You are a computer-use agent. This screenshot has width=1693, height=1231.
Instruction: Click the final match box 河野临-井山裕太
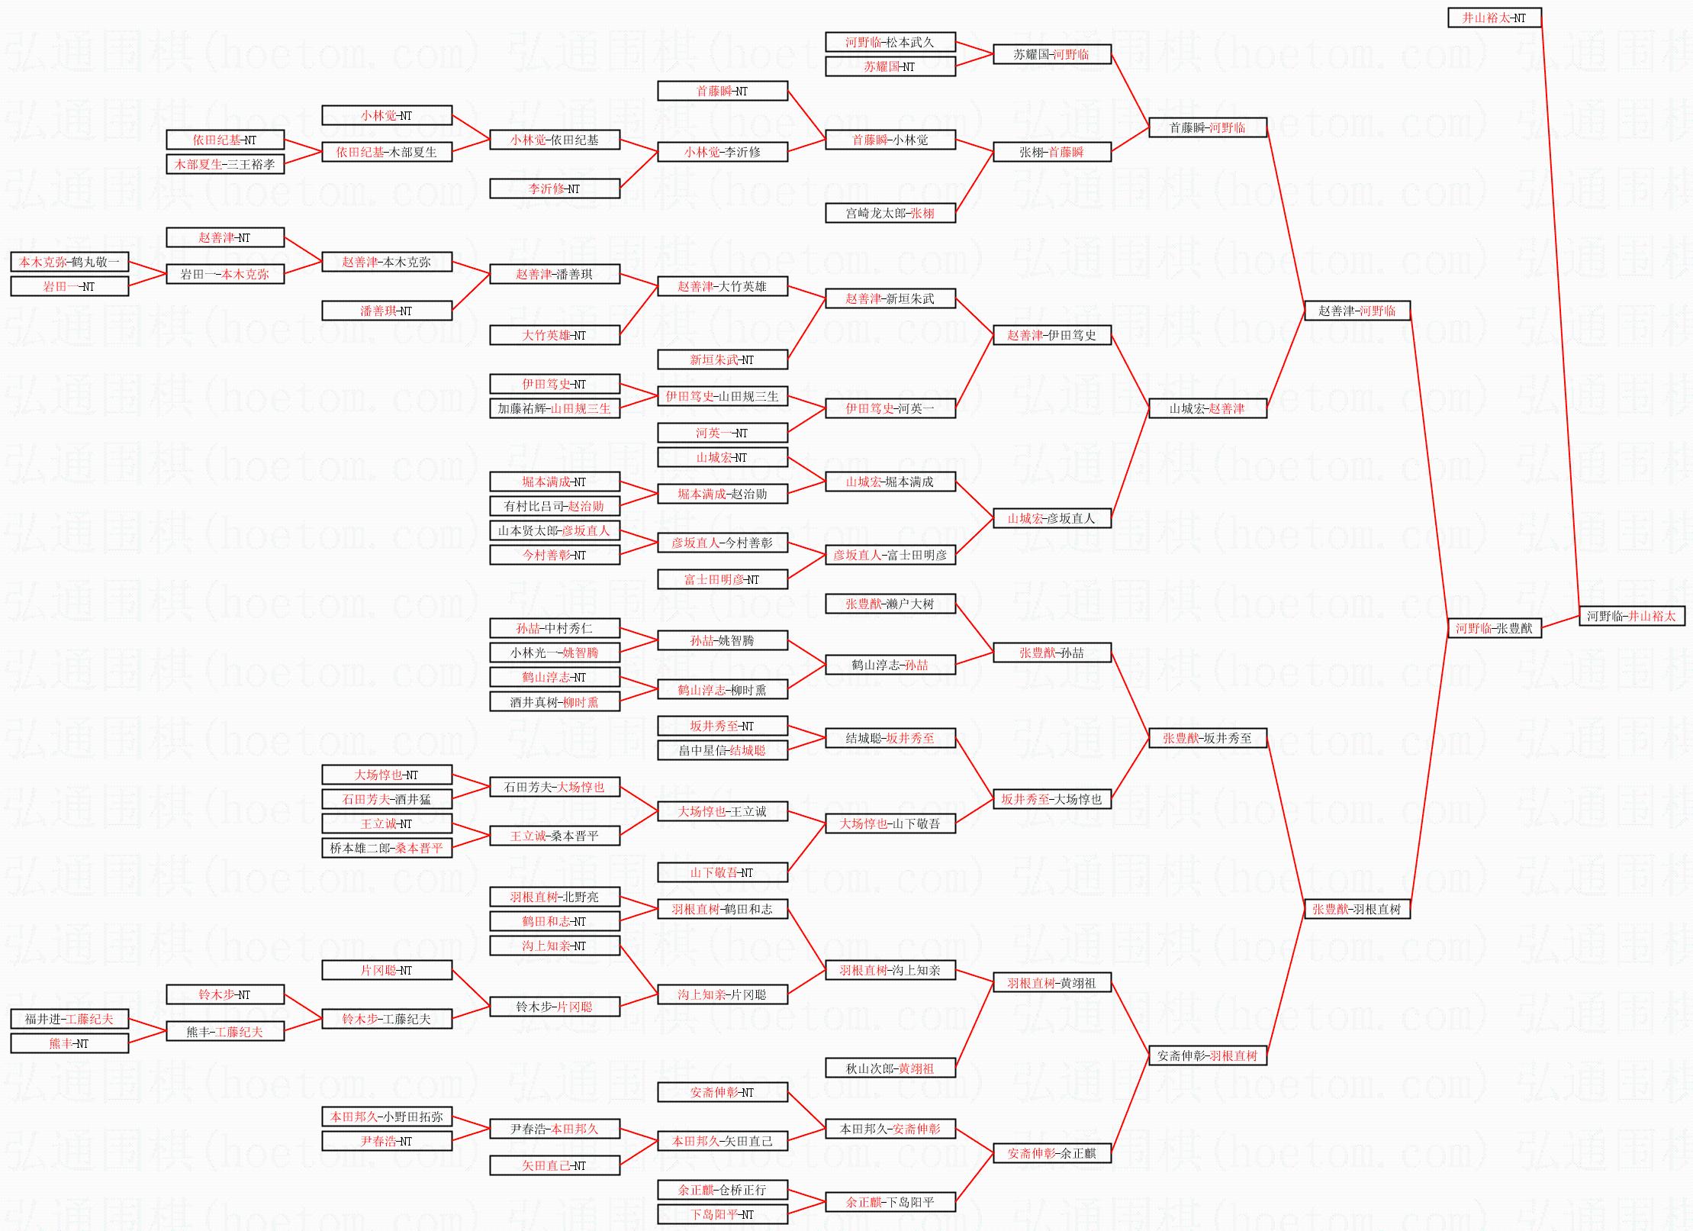[x=1632, y=616]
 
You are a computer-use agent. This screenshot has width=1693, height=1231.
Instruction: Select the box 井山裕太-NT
[x=1495, y=18]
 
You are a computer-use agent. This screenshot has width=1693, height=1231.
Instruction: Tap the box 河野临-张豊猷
[x=1495, y=628]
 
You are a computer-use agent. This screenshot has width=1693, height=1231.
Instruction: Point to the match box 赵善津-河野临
[x=1357, y=311]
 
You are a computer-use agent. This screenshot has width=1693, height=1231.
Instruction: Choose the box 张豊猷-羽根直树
[x=1357, y=909]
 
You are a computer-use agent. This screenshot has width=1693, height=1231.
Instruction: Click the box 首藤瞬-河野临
[x=1208, y=127]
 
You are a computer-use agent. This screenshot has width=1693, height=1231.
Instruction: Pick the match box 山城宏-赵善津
[x=1208, y=408]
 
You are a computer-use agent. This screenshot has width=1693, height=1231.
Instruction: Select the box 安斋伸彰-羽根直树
[x=1208, y=1055]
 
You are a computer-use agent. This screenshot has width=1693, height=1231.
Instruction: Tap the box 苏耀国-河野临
[x=1052, y=54]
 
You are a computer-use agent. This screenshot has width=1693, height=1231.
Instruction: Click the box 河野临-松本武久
[x=890, y=42]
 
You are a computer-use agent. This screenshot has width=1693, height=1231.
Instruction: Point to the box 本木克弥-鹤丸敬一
[x=69, y=262]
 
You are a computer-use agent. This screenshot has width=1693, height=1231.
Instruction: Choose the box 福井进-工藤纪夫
[x=69, y=1019]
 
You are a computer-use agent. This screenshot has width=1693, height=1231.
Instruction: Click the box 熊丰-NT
[x=69, y=1043]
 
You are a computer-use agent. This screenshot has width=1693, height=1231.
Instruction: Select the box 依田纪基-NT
[x=225, y=140]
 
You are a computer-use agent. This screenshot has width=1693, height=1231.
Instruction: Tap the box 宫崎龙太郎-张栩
[x=890, y=213]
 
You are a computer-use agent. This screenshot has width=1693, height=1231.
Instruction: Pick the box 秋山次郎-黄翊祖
[x=890, y=1068]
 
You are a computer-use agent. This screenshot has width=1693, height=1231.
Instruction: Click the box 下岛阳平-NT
[x=723, y=1214]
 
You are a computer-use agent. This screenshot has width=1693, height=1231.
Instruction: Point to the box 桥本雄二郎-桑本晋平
[x=387, y=848]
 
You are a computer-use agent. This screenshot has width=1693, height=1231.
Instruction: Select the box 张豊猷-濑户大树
[x=890, y=604]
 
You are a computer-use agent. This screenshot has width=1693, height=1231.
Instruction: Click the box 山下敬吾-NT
[x=723, y=872]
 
